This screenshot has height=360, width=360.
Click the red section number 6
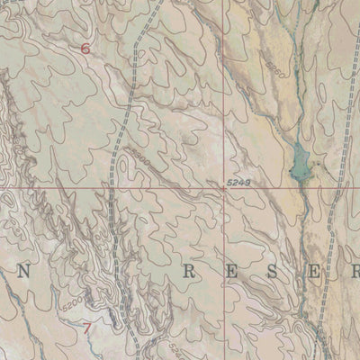click(85, 49)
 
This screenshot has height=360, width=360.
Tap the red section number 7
click(86, 328)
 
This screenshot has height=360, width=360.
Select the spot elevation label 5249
click(237, 183)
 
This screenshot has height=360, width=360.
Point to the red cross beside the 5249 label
click(224, 189)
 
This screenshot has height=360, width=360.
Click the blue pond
click(297, 162)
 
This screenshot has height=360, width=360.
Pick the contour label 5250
click(274, 67)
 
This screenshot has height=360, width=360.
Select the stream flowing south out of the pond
click(304, 207)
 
